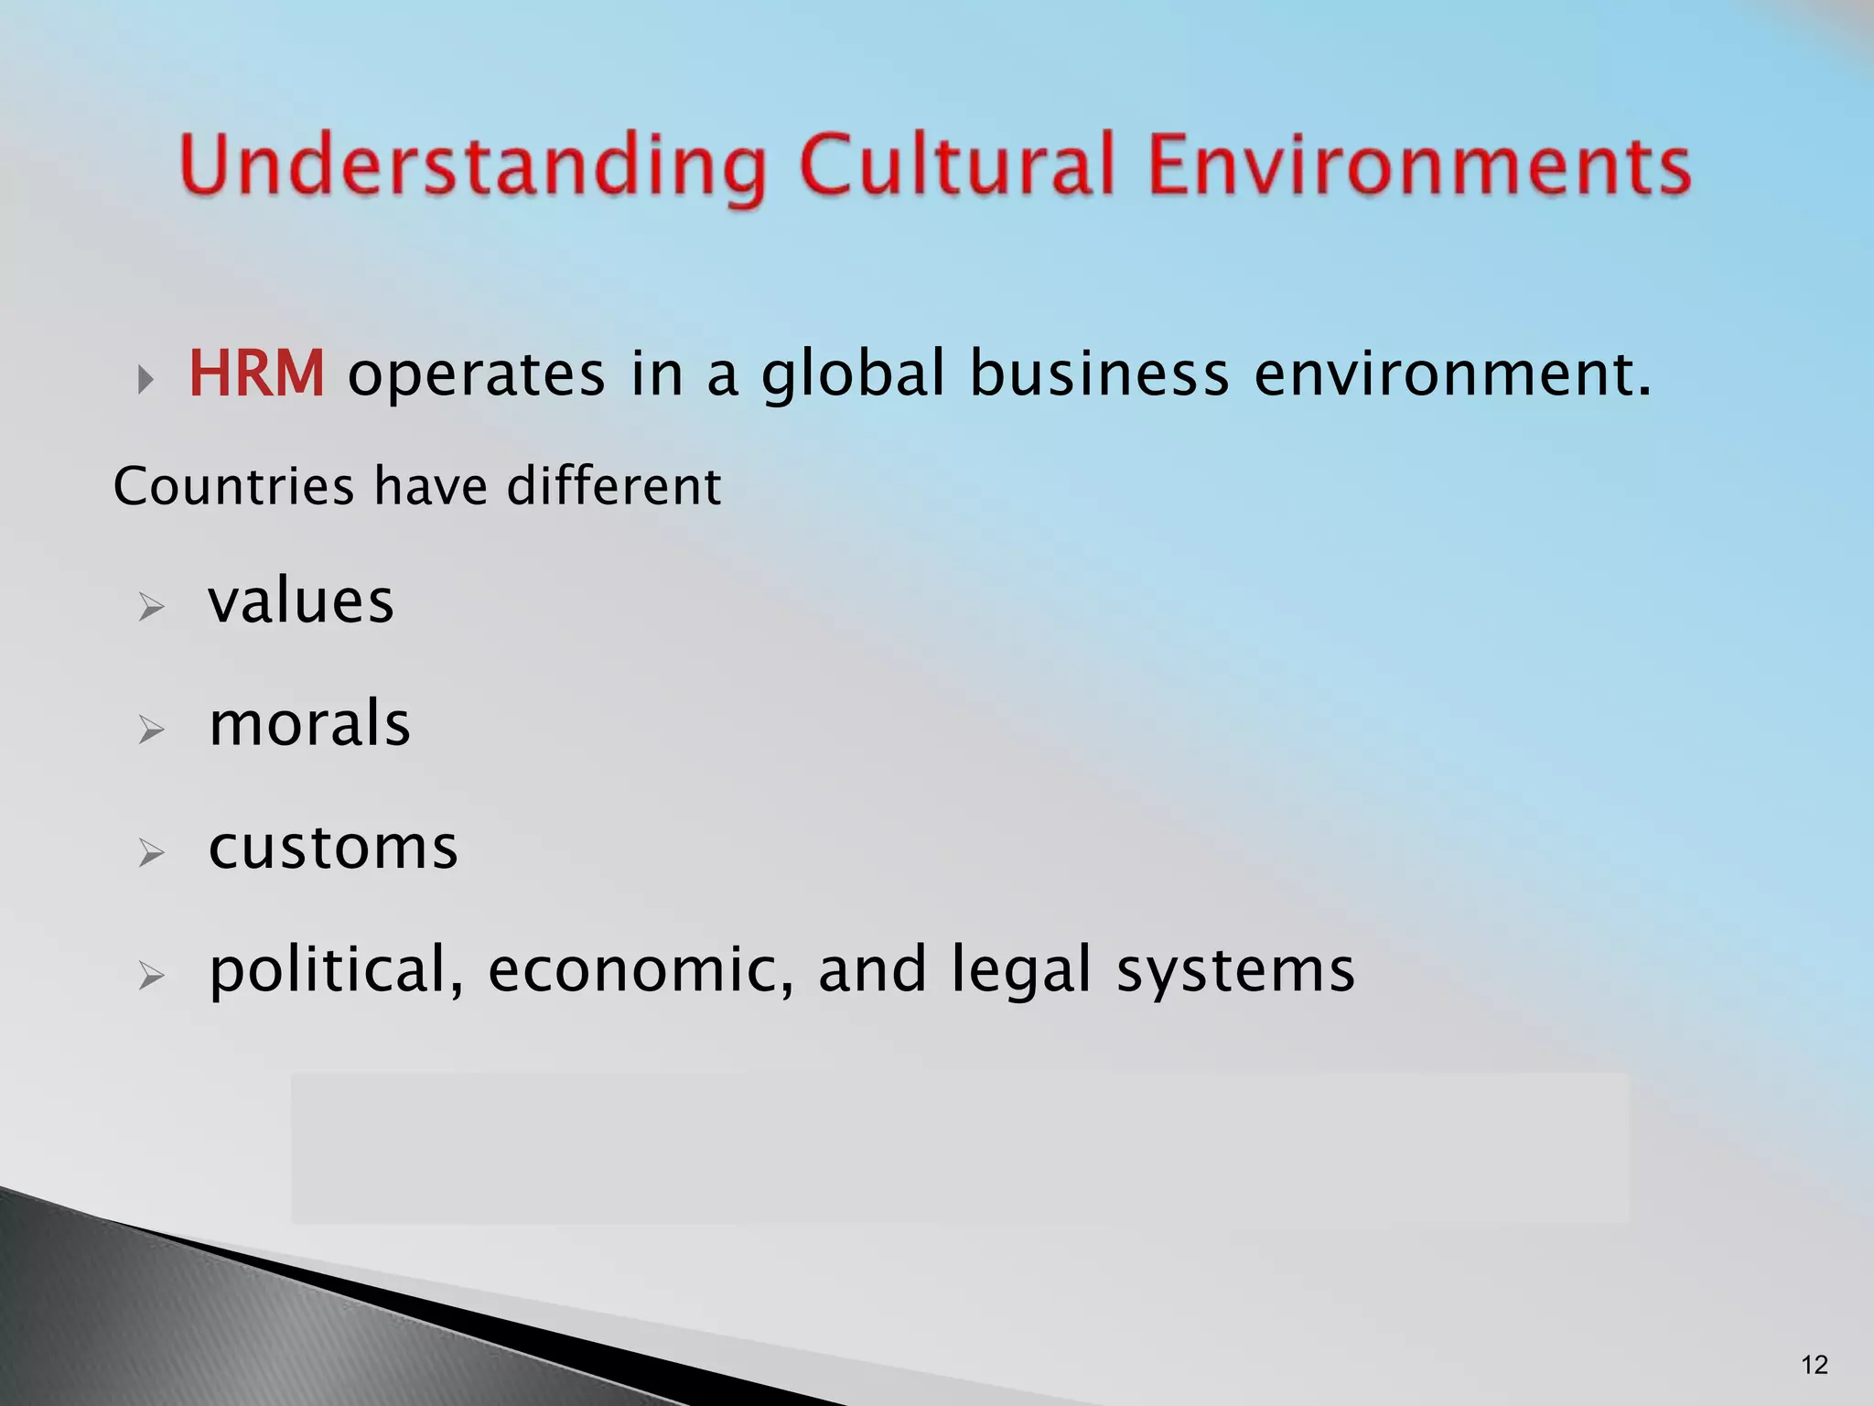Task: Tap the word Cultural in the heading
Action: (x=957, y=165)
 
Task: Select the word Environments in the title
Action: (x=1418, y=165)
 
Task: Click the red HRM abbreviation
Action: (x=256, y=374)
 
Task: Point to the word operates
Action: (x=476, y=375)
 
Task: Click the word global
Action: (x=853, y=375)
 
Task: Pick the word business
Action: (x=1099, y=374)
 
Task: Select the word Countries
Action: (x=233, y=485)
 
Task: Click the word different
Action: (x=614, y=485)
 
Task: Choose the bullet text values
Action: (x=301, y=601)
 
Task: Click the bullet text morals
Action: (x=309, y=724)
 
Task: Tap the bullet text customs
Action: (x=333, y=848)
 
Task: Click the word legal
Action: (x=1021, y=970)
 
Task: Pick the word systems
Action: (x=1235, y=970)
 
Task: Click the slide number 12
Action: (x=1814, y=1365)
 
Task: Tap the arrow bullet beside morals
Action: (x=151, y=730)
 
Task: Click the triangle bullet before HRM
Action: (x=145, y=380)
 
